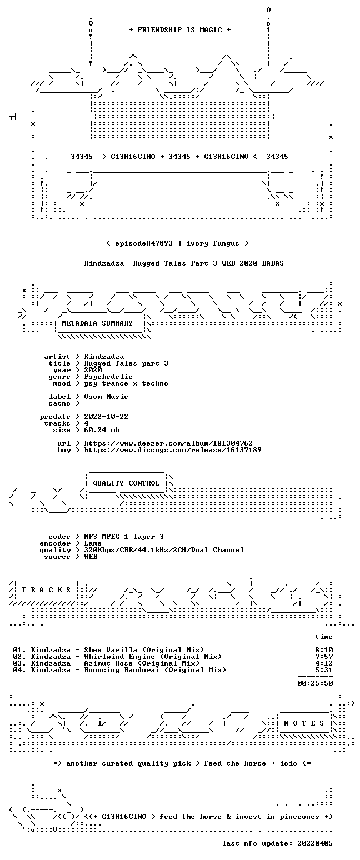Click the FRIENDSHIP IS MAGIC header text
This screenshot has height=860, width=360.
(x=180, y=30)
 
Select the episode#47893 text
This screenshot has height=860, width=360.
(x=144, y=243)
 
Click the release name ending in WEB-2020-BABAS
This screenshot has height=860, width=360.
(x=184, y=263)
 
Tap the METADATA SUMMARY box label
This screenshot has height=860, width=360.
(x=97, y=323)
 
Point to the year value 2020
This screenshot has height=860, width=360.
(x=93, y=370)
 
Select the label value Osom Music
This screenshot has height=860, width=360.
(x=106, y=397)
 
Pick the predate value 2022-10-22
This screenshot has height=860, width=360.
(x=106, y=417)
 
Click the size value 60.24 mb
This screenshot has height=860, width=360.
(x=102, y=430)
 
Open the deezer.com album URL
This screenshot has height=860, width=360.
(x=168, y=443)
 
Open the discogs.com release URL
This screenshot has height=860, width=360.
(x=173, y=450)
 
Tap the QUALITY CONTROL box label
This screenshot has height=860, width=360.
(x=126, y=483)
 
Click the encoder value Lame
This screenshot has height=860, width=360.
(x=93, y=544)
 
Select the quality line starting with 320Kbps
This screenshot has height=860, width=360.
(x=164, y=550)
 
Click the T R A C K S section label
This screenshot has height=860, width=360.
(x=46, y=590)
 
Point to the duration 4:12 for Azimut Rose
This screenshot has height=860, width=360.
(x=324, y=663)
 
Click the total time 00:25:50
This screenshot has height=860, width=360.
(x=315, y=683)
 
